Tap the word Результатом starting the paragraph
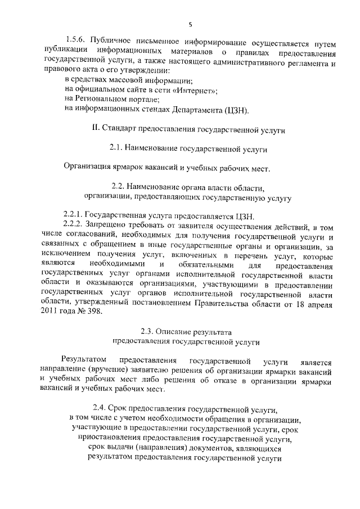[84, 360]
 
